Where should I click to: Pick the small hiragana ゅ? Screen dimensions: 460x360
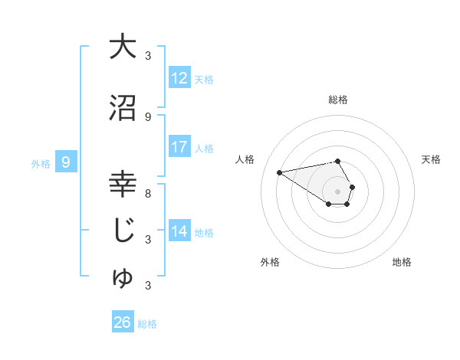123,277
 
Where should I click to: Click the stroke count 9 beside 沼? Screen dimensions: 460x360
148,116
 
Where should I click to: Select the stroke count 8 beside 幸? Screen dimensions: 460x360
148,193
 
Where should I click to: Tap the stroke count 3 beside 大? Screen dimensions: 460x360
148,55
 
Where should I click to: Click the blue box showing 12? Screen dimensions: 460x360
179,78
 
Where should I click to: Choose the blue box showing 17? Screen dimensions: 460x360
179,147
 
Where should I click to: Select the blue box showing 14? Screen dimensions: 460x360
179,231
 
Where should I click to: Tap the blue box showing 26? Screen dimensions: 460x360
122,322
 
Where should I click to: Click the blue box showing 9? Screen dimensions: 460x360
66,162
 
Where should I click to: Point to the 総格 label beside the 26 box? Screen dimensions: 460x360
147,324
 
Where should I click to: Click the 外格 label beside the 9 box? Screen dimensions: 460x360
41,163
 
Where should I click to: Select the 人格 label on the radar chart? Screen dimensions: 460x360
245,159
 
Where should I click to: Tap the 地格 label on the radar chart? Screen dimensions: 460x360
402,262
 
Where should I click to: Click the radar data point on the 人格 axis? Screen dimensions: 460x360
280,172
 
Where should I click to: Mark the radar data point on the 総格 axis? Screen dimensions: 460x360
337,161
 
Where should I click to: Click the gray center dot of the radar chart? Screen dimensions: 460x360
337,191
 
